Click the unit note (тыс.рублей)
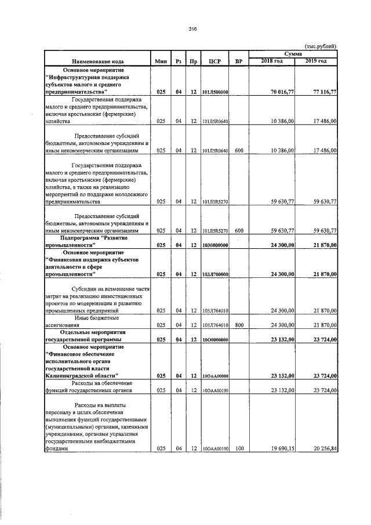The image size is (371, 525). [321, 46]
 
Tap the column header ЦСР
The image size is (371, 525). [216, 61]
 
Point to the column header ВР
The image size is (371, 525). [239, 61]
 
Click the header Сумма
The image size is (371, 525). [293, 53]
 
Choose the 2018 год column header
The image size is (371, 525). [272, 61]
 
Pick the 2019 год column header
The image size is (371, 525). [317, 61]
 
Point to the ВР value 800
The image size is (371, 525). [238, 325]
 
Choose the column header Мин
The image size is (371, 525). [161, 61]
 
